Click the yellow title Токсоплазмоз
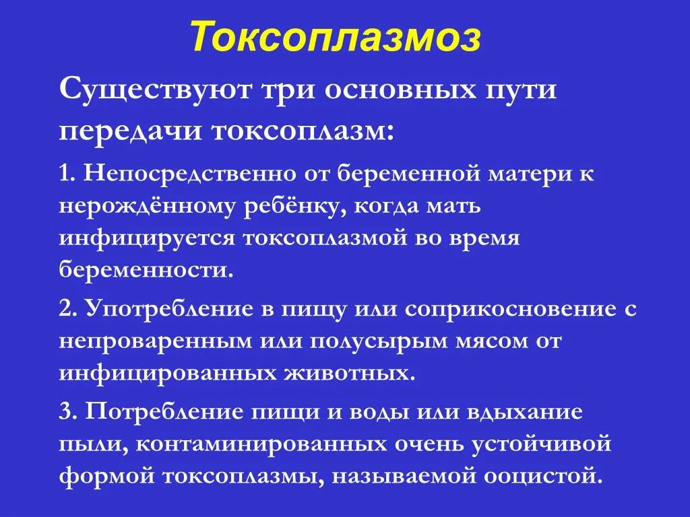(335, 36)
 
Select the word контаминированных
(287, 444)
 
